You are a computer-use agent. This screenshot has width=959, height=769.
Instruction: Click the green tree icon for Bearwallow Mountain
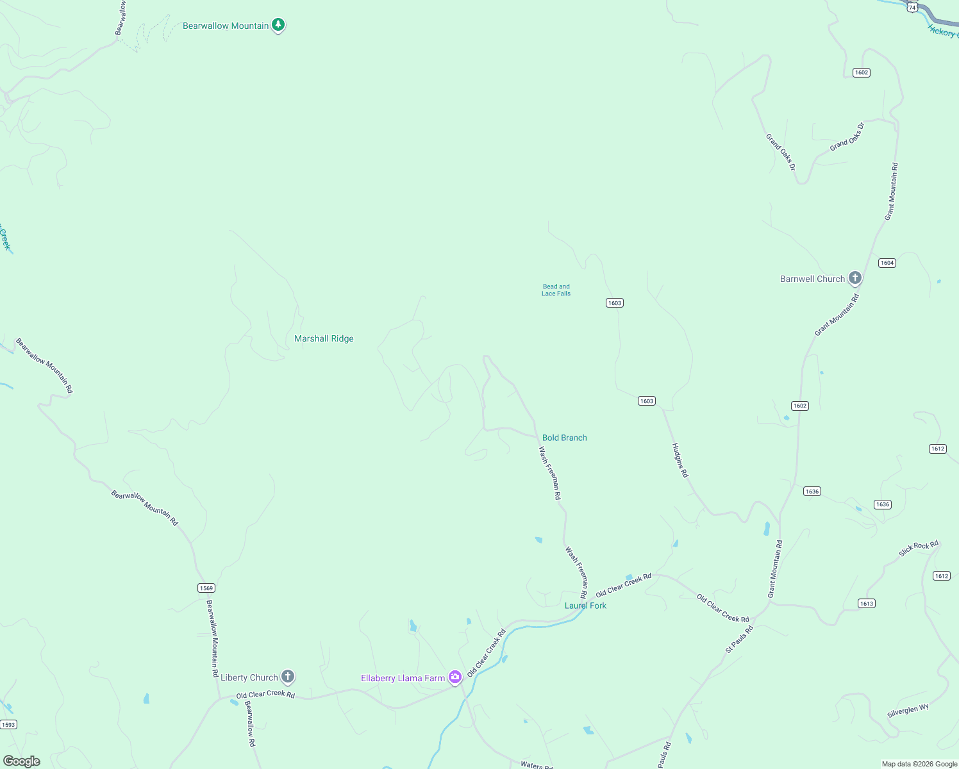(x=278, y=25)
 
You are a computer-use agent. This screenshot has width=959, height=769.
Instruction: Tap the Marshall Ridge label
(x=324, y=338)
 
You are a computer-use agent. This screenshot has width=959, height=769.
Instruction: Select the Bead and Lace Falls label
(x=556, y=290)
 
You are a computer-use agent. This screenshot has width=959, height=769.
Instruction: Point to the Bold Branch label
(x=564, y=438)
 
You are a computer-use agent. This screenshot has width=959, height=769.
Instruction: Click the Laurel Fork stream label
(x=585, y=606)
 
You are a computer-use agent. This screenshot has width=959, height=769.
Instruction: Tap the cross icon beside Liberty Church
(x=288, y=676)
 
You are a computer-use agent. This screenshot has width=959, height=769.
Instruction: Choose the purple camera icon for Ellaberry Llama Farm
(x=455, y=677)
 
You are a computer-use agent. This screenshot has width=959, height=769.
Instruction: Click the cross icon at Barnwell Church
(x=855, y=278)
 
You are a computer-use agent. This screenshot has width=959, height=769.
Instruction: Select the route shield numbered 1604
(x=887, y=263)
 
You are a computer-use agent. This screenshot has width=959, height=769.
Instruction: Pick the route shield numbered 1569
(x=206, y=588)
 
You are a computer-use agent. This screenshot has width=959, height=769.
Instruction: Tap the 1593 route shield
(x=8, y=725)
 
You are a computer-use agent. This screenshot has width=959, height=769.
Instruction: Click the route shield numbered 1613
(x=866, y=604)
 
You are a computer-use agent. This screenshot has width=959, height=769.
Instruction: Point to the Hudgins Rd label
(x=680, y=460)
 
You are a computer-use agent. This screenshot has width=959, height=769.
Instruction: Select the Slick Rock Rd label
(x=918, y=549)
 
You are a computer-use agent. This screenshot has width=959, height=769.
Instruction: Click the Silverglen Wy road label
(x=908, y=711)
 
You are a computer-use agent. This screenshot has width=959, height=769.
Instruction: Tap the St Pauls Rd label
(x=739, y=640)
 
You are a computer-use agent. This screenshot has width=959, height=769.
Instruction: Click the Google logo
(x=22, y=761)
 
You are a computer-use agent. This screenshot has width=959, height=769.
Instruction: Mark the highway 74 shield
(x=912, y=7)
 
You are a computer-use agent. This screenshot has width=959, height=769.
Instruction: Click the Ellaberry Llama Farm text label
(x=403, y=678)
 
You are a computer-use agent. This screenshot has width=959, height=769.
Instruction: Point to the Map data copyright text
(x=919, y=764)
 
